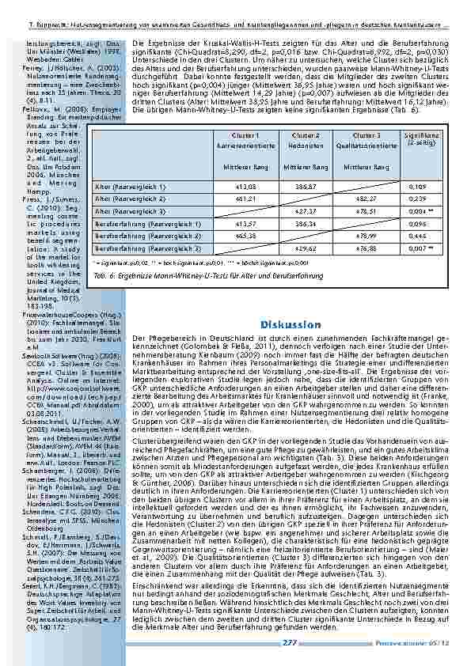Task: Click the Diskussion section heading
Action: click(290, 324)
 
